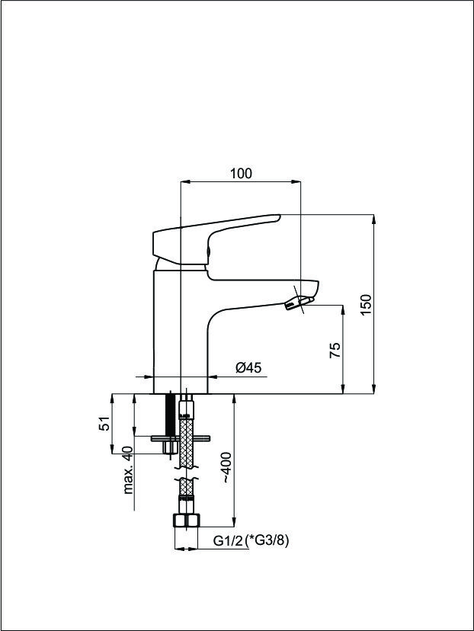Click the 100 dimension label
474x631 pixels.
pyautogui.click(x=241, y=174)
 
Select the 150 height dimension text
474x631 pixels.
pyautogui.click(x=366, y=305)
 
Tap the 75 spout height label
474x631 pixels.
pyautogui.click(x=335, y=350)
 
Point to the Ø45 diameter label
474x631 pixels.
pyautogui.click(x=248, y=367)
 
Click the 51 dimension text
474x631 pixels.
pyautogui.click(x=104, y=424)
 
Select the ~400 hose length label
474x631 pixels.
pyautogui.click(x=226, y=468)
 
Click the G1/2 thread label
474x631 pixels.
pyautogui.click(x=228, y=541)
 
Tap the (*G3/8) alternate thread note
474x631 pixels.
pyautogui.click(x=267, y=541)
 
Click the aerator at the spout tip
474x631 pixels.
pyautogui.click(x=298, y=303)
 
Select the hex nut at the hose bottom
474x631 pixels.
pyautogui.click(x=186, y=521)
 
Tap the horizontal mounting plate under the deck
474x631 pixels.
pyautogui.click(x=181, y=438)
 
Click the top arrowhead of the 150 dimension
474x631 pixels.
pyautogui.click(x=374, y=219)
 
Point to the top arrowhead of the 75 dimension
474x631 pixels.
pyautogui.click(x=343, y=310)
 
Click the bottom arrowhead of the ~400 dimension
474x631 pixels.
pyautogui.click(x=234, y=521)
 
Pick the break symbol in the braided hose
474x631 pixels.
pyautogui.click(x=186, y=474)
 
